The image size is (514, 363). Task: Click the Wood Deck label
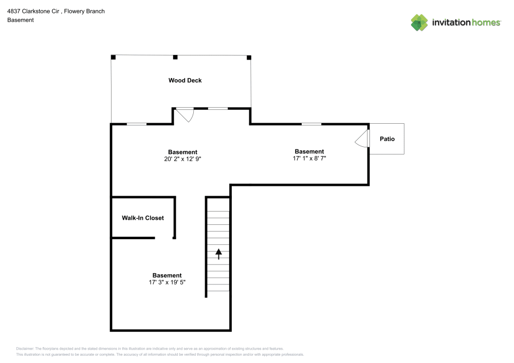(x=185, y=80)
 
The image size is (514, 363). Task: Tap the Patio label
(x=387, y=139)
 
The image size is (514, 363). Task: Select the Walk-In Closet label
(x=142, y=218)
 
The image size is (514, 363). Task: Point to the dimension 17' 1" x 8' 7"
(x=309, y=159)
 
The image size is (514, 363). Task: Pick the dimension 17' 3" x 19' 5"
(x=167, y=282)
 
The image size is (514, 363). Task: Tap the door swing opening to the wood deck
(x=185, y=114)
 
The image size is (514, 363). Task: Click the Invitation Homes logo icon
(x=419, y=22)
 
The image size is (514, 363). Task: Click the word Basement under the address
(x=21, y=20)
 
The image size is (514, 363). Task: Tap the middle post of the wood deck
(x=175, y=56)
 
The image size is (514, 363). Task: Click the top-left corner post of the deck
(x=113, y=56)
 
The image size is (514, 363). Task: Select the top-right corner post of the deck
(x=249, y=57)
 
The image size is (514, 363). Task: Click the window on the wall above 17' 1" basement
(x=311, y=124)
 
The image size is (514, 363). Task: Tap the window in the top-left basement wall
(x=137, y=124)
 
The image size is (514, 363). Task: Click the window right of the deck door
(x=218, y=108)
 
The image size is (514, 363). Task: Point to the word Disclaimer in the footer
(x=25, y=348)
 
